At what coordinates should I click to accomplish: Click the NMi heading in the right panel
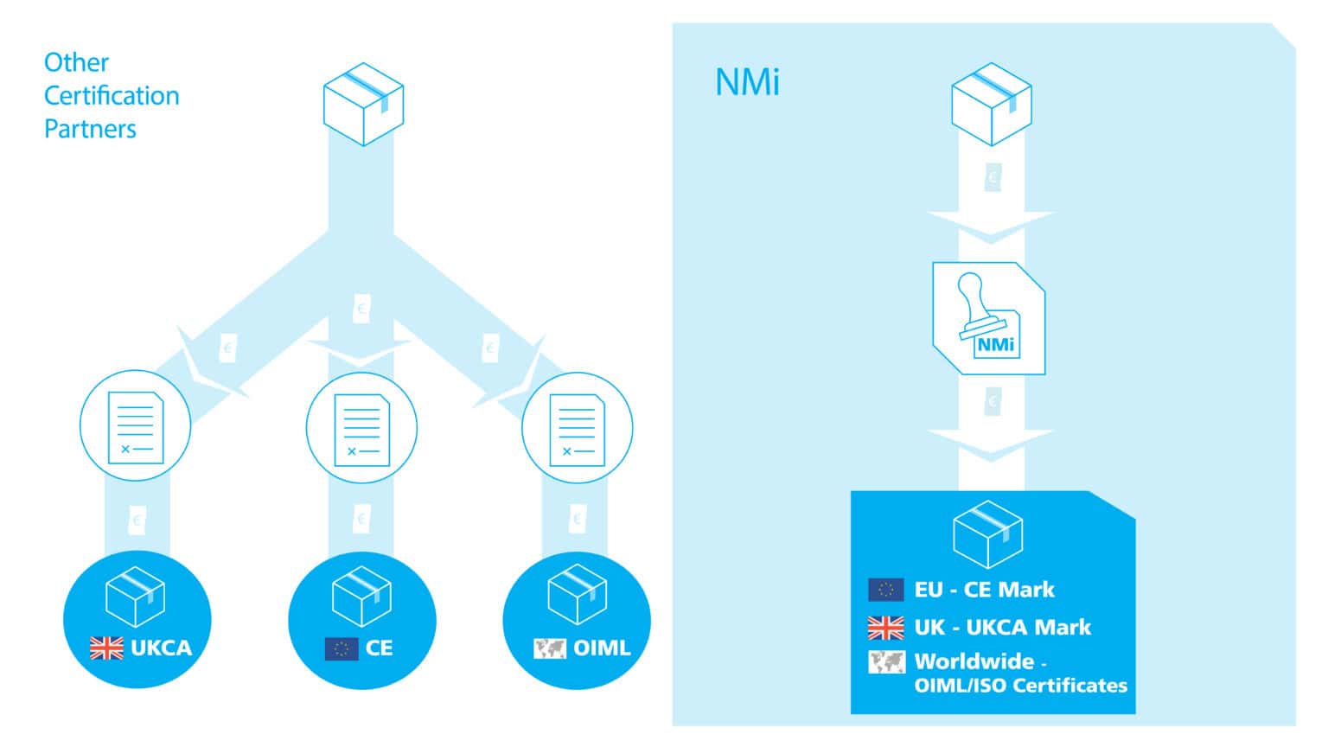click(x=747, y=83)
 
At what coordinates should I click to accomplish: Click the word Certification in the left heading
click(x=112, y=95)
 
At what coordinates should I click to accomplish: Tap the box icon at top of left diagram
click(x=363, y=104)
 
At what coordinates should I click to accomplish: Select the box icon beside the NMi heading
click(x=991, y=104)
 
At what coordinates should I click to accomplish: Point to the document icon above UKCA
click(x=135, y=427)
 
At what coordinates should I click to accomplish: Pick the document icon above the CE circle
click(x=361, y=429)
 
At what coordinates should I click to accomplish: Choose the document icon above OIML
click(x=577, y=429)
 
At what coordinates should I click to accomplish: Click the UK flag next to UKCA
click(x=106, y=648)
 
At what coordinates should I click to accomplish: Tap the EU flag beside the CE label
click(x=341, y=648)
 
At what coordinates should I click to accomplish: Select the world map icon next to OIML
click(x=549, y=648)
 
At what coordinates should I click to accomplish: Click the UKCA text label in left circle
click(x=161, y=648)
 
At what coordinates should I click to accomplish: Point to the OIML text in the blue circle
click(x=602, y=648)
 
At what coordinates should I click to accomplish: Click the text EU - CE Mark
click(x=984, y=590)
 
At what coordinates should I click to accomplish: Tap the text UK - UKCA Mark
click(x=1002, y=627)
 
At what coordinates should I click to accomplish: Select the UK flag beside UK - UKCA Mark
click(x=885, y=627)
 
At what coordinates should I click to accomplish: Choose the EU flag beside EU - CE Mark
click(x=885, y=590)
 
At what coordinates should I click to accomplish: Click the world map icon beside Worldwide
click(x=885, y=662)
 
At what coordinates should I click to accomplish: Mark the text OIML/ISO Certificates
click(x=1020, y=686)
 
